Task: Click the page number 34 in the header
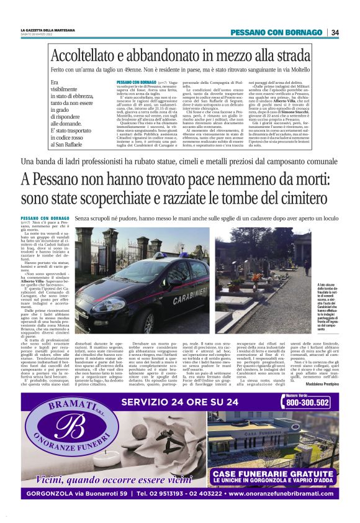click(335, 32)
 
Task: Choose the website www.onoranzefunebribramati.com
click(279, 494)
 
